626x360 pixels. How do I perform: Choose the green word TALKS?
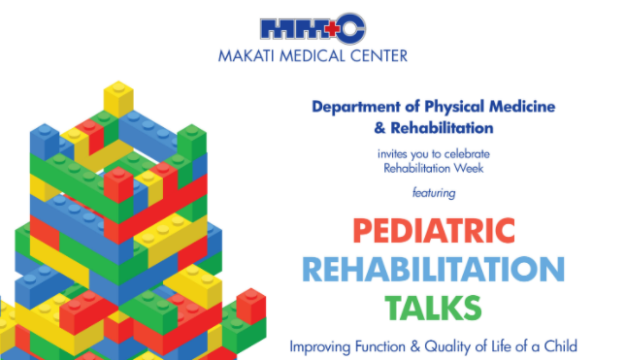click(x=433, y=308)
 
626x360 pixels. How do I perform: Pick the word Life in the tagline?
click(x=507, y=344)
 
